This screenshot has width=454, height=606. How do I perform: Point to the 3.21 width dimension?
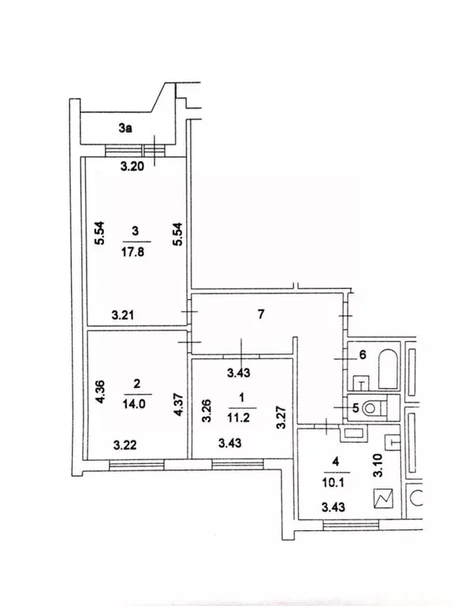pyautogui.click(x=123, y=316)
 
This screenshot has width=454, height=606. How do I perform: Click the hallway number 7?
pyautogui.click(x=261, y=314)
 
